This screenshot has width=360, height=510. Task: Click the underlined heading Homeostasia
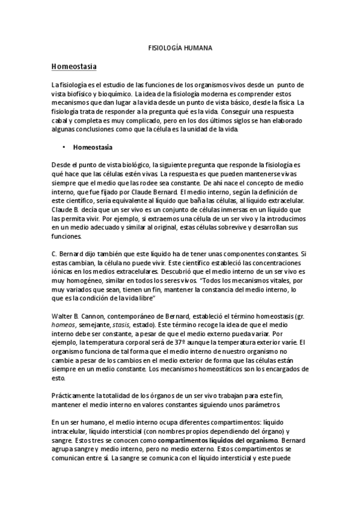(x=75, y=65)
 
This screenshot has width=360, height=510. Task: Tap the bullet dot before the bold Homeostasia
(x=63, y=146)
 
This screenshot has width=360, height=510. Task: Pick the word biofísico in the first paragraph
(x=82, y=95)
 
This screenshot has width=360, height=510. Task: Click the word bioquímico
(x=124, y=95)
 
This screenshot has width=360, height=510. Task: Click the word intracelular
(x=70, y=431)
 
